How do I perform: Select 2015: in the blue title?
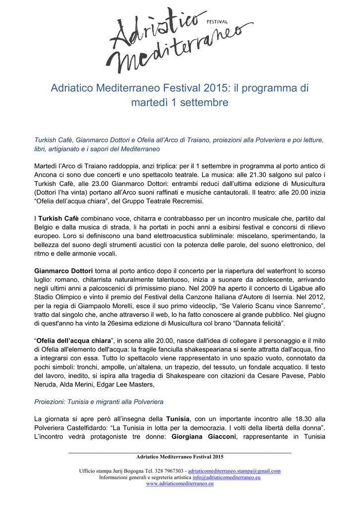click(217, 88)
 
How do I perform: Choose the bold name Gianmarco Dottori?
click(64, 271)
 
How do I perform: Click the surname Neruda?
click(47, 384)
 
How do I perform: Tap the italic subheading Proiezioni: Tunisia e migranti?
click(98, 401)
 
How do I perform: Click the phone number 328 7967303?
click(167, 471)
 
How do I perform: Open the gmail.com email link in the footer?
click(234, 471)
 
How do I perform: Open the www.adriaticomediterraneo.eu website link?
click(180, 483)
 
